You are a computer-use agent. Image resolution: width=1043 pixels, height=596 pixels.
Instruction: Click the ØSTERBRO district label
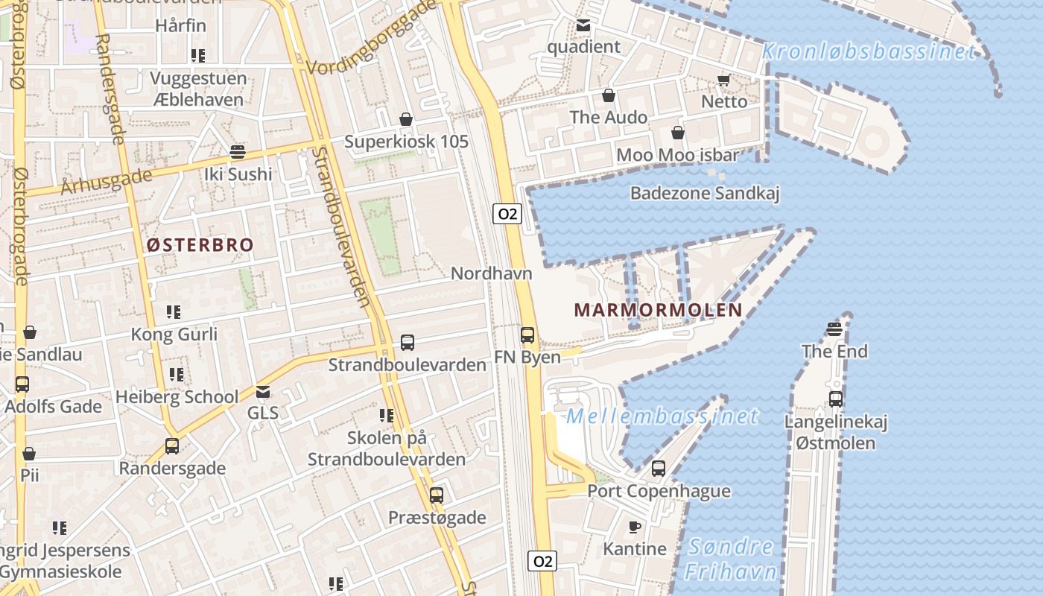coord(200,245)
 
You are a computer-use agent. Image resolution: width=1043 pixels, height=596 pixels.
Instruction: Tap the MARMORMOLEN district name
coord(658,310)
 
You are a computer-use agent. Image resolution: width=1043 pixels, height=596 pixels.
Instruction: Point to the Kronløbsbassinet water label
coord(869,52)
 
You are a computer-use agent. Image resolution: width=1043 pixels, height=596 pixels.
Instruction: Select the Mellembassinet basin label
coord(662,416)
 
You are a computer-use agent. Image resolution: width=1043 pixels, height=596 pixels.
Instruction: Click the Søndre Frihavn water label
coord(731,559)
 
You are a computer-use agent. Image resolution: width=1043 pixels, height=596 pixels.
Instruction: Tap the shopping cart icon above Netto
coord(723,80)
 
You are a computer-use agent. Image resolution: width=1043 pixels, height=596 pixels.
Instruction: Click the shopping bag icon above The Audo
coord(609,96)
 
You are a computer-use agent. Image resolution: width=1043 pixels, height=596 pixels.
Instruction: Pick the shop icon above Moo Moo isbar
coord(678,133)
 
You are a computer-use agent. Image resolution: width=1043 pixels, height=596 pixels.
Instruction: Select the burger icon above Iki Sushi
coord(238,152)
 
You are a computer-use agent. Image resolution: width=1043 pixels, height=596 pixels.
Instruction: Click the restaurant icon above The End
coord(834,329)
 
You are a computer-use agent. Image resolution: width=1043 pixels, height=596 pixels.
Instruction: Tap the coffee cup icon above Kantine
coord(635,527)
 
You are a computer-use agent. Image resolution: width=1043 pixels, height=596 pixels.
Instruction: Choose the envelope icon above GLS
coord(263,392)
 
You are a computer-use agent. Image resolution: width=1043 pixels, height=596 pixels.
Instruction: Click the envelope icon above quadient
coord(583,26)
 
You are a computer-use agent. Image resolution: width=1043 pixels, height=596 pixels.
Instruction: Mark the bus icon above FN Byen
coord(527,335)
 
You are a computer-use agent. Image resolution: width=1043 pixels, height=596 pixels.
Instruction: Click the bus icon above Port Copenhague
coord(659,469)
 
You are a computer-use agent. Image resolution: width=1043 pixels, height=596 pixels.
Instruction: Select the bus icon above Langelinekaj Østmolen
coord(836,399)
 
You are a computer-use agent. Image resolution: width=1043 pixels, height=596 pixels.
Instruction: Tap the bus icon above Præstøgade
coord(437,495)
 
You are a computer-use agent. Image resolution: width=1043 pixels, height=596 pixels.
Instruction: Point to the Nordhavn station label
coord(492,273)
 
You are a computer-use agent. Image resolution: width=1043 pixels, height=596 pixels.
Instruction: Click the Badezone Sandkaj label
coord(704,194)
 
